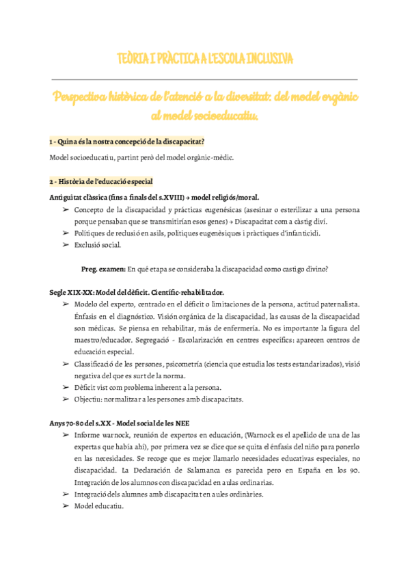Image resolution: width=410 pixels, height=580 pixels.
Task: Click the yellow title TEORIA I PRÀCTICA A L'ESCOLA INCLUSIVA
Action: tap(205, 60)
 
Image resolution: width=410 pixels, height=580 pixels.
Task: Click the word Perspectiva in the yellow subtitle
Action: tap(88, 97)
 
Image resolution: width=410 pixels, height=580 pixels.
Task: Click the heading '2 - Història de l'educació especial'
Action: tap(102, 181)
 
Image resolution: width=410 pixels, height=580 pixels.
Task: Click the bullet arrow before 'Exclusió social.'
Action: tap(66, 245)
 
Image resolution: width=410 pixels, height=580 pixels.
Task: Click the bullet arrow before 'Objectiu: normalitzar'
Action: tap(66, 399)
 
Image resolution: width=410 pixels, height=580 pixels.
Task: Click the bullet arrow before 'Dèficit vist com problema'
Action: tap(66, 387)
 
